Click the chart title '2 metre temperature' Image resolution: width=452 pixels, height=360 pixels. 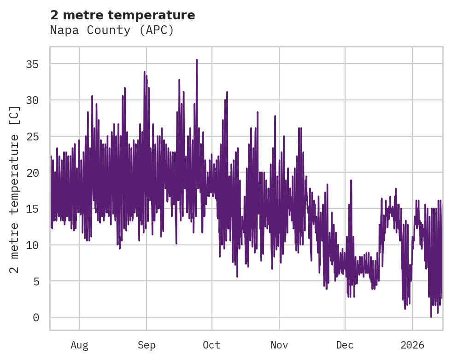123,15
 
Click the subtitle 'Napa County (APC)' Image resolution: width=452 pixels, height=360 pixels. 112,30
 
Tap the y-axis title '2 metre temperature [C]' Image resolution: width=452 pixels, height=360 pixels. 15,190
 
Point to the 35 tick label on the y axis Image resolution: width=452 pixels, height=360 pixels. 32,64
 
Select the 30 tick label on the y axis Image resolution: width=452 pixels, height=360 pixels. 32,100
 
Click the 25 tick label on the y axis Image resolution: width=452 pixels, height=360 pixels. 32,137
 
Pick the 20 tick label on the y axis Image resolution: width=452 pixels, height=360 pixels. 32,173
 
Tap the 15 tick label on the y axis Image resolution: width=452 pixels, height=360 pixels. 32,209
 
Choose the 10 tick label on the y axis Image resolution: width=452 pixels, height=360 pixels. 32,245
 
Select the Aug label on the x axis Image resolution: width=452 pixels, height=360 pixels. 79,345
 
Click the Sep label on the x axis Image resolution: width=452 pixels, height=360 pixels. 147,345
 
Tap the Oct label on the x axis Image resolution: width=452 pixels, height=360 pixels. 212,345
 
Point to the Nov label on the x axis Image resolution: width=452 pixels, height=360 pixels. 279,345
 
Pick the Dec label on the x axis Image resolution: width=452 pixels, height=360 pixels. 345,345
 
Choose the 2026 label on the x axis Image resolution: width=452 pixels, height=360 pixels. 412,345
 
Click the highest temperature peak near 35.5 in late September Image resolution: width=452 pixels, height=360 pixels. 197,60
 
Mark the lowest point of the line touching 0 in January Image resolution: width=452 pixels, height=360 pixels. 431,317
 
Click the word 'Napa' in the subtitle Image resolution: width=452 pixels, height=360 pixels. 63,30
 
